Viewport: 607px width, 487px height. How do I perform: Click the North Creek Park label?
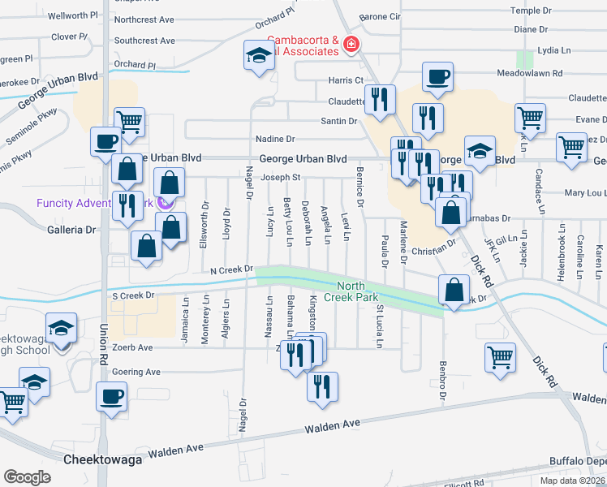(358, 291)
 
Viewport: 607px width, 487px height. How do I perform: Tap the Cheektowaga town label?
(102, 459)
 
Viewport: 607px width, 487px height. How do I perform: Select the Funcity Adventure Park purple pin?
(166, 203)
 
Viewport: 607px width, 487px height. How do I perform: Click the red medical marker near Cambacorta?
(351, 44)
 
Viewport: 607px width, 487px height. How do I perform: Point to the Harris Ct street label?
(346, 80)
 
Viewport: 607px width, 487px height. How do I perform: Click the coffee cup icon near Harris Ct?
(437, 77)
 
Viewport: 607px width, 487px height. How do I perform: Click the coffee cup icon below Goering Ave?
(111, 397)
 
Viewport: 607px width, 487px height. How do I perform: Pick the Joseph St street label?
(282, 177)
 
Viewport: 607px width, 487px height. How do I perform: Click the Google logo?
(27, 476)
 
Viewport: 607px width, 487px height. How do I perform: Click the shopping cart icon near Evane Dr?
(530, 118)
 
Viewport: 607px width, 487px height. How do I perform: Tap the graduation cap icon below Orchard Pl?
(259, 56)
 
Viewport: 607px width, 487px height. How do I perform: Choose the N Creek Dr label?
(231, 269)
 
